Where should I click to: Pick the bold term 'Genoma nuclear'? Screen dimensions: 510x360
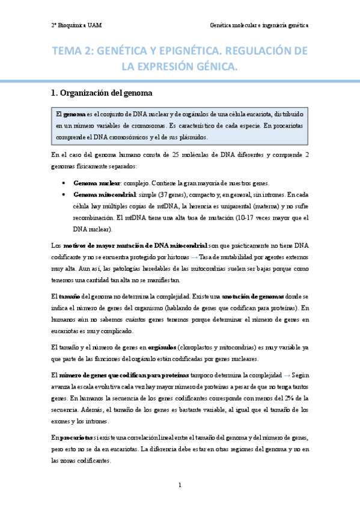(x=96, y=183)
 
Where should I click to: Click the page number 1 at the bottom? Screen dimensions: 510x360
(x=180, y=485)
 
